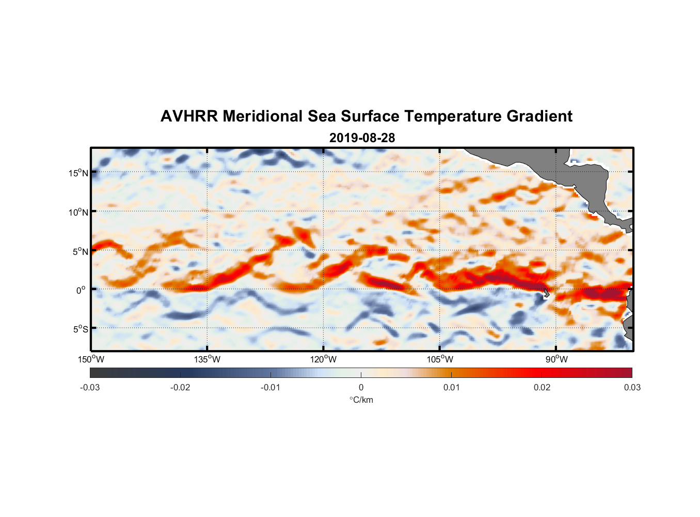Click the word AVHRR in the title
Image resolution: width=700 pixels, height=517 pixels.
pyautogui.click(x=189, y=116)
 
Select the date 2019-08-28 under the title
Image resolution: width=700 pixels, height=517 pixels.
pyautogui.click(x=362, y=138)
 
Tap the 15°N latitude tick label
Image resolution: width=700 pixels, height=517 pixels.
pyautogui.click(x=78, y=173)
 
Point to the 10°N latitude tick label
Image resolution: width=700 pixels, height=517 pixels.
pyautogui.click(x=78, y=212)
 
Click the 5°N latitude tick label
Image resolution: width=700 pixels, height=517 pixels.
pyautogui.click(x=81, y=251)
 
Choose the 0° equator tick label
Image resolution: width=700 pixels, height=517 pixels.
pyautogui.click(x=81, y=290)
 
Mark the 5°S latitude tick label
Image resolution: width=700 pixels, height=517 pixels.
pyautogui.click(x=81, y=329)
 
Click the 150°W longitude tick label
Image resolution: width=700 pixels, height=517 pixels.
pyautogui.click(x=91, y=359)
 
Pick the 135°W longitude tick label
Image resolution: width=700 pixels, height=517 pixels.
pyautogui.click(x=208, y=359)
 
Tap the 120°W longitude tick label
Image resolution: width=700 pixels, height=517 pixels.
pyautogui.click(x=324, y=359)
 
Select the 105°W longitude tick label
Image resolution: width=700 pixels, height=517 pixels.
pyautogui.click(x=440, y=359)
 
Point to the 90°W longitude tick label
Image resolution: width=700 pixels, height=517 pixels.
pyautogui.click(x=556, y=359)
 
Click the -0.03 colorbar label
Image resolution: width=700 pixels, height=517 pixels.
pyautogui.click(x=90, y=388)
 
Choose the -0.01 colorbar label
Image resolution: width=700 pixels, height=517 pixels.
pyautogui.click(x=271, y=388)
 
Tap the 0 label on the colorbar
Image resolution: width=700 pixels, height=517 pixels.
pyautogui.click(x=361, y=388)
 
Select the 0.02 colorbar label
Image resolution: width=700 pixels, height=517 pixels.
pyautogui.click(x=542, y=388)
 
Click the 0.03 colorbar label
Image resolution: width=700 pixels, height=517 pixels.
pyautogui.click(x=632, y=388)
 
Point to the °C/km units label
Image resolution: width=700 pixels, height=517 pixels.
pyautogui.click(x=361, y=400)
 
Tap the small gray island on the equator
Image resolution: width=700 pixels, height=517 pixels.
pyautogui.click(x=546, y=293)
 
